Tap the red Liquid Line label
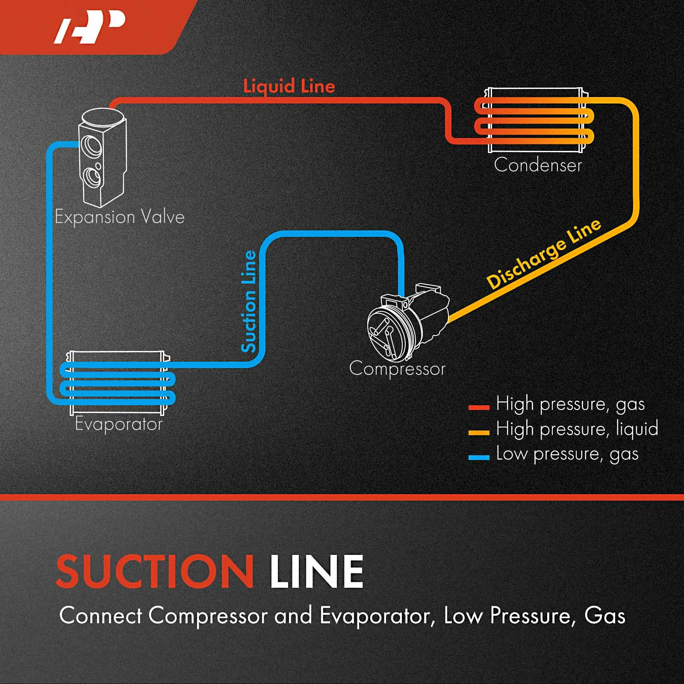289,86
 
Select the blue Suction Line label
249,301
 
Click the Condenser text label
538,165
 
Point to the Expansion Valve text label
120,217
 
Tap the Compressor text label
397,369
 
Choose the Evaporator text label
119,425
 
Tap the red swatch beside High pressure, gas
479,407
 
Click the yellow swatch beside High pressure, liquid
479,432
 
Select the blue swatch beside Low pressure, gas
479,457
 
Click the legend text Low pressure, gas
567,454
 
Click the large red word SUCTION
155,572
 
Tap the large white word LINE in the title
316,572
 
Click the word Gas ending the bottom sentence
604,616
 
